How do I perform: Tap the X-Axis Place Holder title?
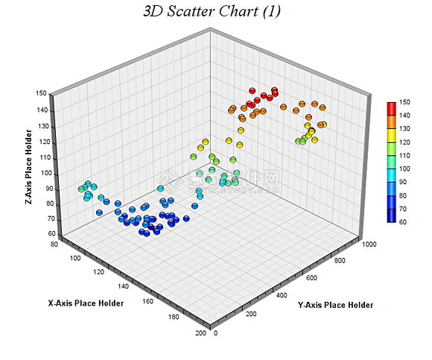coord(86,303)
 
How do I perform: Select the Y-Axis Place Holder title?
coord(335,305)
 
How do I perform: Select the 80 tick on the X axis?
coord(54,244)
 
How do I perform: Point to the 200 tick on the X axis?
coord(199,333)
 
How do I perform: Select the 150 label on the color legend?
coord(404,101)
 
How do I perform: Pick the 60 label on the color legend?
coord(403,222)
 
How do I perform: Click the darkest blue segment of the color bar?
coord(391,215)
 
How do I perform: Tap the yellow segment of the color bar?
coord(391,135)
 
